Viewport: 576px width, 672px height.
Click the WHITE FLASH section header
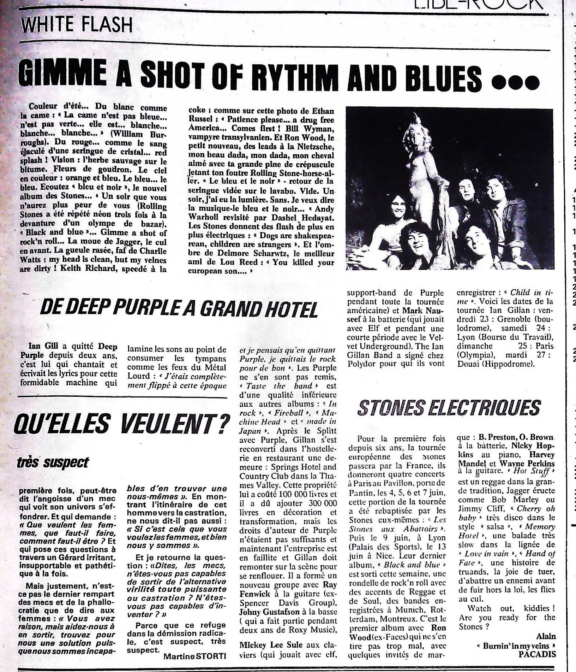coord(76,25)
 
